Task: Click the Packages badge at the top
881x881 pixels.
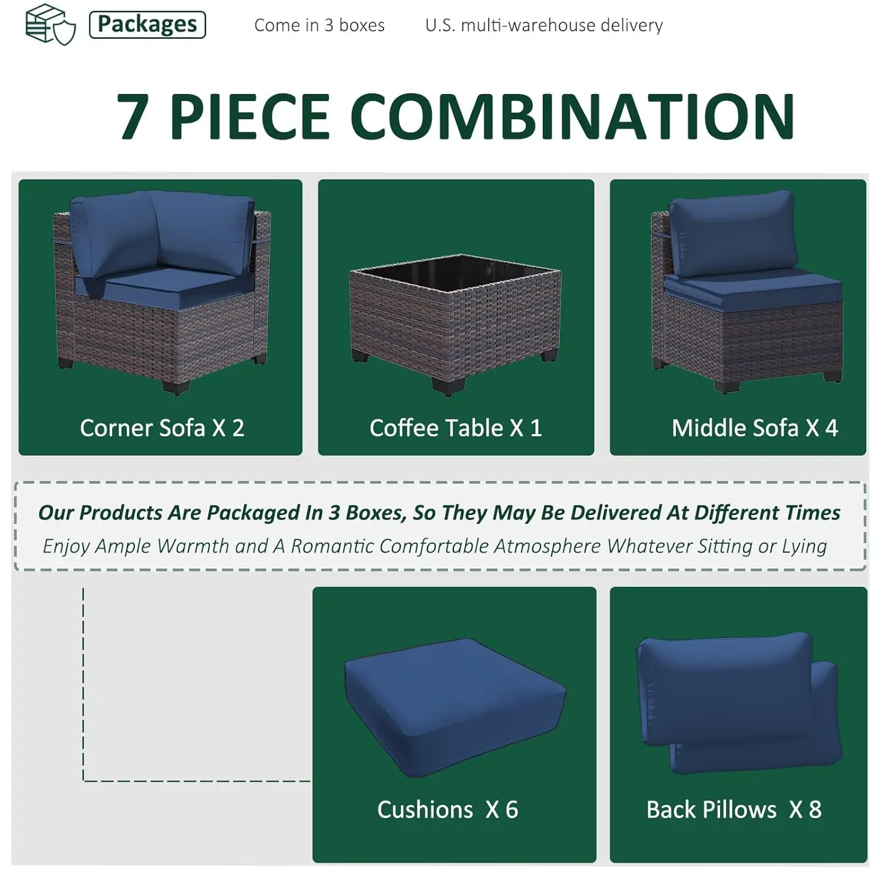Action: [x=147, y=25]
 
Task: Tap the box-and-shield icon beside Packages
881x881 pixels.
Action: [x=51, y=24]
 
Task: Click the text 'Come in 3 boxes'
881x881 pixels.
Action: [x=320, y=25]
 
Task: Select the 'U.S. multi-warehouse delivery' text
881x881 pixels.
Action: [x=544, y=25]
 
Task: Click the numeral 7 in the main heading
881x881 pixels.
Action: [x=132, y=116]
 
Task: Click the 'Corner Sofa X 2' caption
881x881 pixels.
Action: [x=162, y=428]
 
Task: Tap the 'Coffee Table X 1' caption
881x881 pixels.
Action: [x=456, y=428]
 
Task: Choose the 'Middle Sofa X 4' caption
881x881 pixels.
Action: [x=755, y=428]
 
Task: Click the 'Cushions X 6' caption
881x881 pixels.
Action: [x=448, y=809]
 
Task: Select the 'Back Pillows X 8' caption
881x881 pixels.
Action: [x=734, y=809]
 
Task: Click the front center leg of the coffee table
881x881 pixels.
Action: [x=449, y=386]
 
